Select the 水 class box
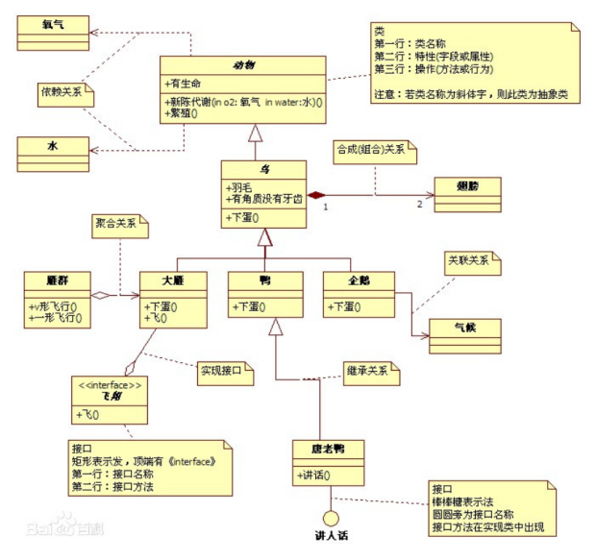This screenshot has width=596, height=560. (54, 148)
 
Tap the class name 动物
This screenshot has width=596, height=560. (242, 65)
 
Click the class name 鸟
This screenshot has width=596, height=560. (263, 168)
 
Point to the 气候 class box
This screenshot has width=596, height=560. (464, 327)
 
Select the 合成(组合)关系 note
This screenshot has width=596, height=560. (372, 151)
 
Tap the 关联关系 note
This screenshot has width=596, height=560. (471, 259)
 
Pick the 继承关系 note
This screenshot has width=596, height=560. (370, 370)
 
